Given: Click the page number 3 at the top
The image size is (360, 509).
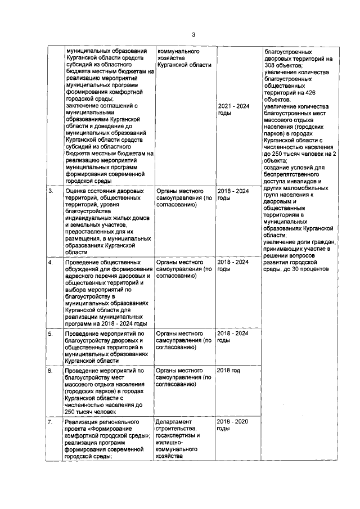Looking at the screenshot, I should point(193,35).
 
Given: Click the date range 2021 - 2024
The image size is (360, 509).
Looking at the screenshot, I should point(233,106).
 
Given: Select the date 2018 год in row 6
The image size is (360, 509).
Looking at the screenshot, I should point(228,371).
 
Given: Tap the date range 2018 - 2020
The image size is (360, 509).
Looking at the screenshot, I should point(233,421).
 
